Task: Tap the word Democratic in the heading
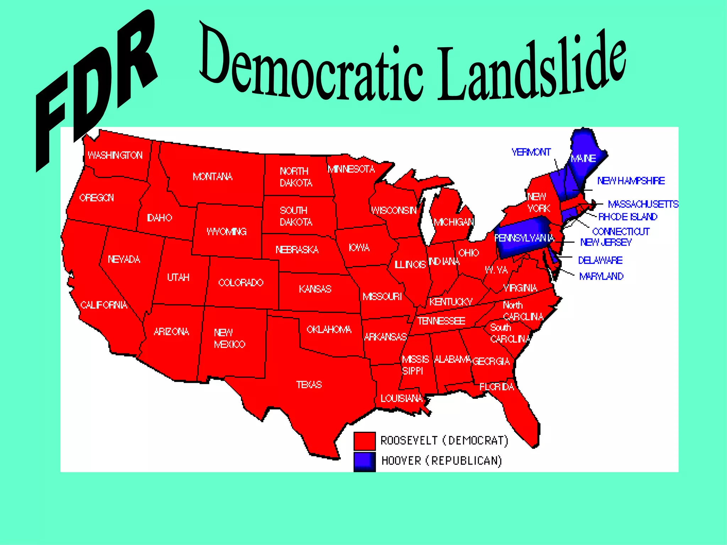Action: [312, 67]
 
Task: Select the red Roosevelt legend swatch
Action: [364, 441]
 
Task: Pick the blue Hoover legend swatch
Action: [364, 461]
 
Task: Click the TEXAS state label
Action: [309, 385]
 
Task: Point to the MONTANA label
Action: [212, 177]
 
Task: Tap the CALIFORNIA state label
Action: [104, 305]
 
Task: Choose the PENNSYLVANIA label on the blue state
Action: [524, 238]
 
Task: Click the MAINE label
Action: [583, 158]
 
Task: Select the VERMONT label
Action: [531, 152]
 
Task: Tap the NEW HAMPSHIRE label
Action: [631, 181]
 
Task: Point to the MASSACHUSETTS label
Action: [643, 204]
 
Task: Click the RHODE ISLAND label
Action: [628, 217]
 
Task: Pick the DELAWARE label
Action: [600, 260]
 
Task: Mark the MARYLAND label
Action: [601, 276]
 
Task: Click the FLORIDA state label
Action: [496, 387]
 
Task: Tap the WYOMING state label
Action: [226, 232]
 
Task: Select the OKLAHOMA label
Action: [329, 330]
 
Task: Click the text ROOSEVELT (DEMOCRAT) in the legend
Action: [444, 441]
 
